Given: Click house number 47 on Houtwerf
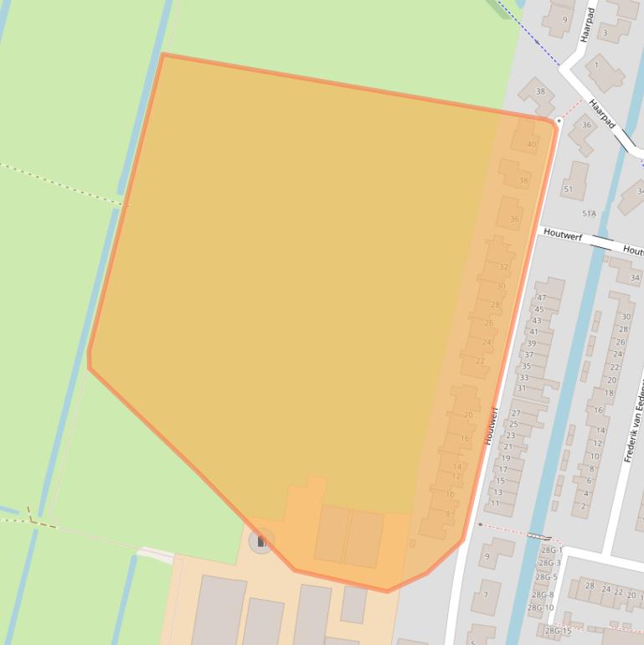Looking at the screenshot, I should [541, 297].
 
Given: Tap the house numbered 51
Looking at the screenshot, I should [569, 189].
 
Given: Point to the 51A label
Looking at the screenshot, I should [589, 214].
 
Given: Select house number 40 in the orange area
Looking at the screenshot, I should [531, 144].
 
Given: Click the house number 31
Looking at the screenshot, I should [522, 388].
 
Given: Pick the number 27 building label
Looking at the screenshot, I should [516, 413].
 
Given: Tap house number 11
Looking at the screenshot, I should [495, 503].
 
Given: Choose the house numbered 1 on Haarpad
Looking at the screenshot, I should [596, 64].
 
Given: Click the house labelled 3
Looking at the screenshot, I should [605, 33].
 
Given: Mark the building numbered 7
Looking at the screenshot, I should [485, 596].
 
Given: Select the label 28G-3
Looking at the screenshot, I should [550, 563].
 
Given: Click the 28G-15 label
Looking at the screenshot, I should [557, 631].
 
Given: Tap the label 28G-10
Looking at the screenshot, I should [540, 607].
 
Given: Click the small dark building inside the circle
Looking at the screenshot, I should [261, 541].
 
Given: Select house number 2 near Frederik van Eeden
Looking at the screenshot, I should [584, 506].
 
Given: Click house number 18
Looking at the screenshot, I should [609, 393].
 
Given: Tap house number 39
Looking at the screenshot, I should [531, 343].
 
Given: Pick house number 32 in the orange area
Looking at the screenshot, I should [503, 266].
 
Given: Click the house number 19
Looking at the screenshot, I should [505, 458].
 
